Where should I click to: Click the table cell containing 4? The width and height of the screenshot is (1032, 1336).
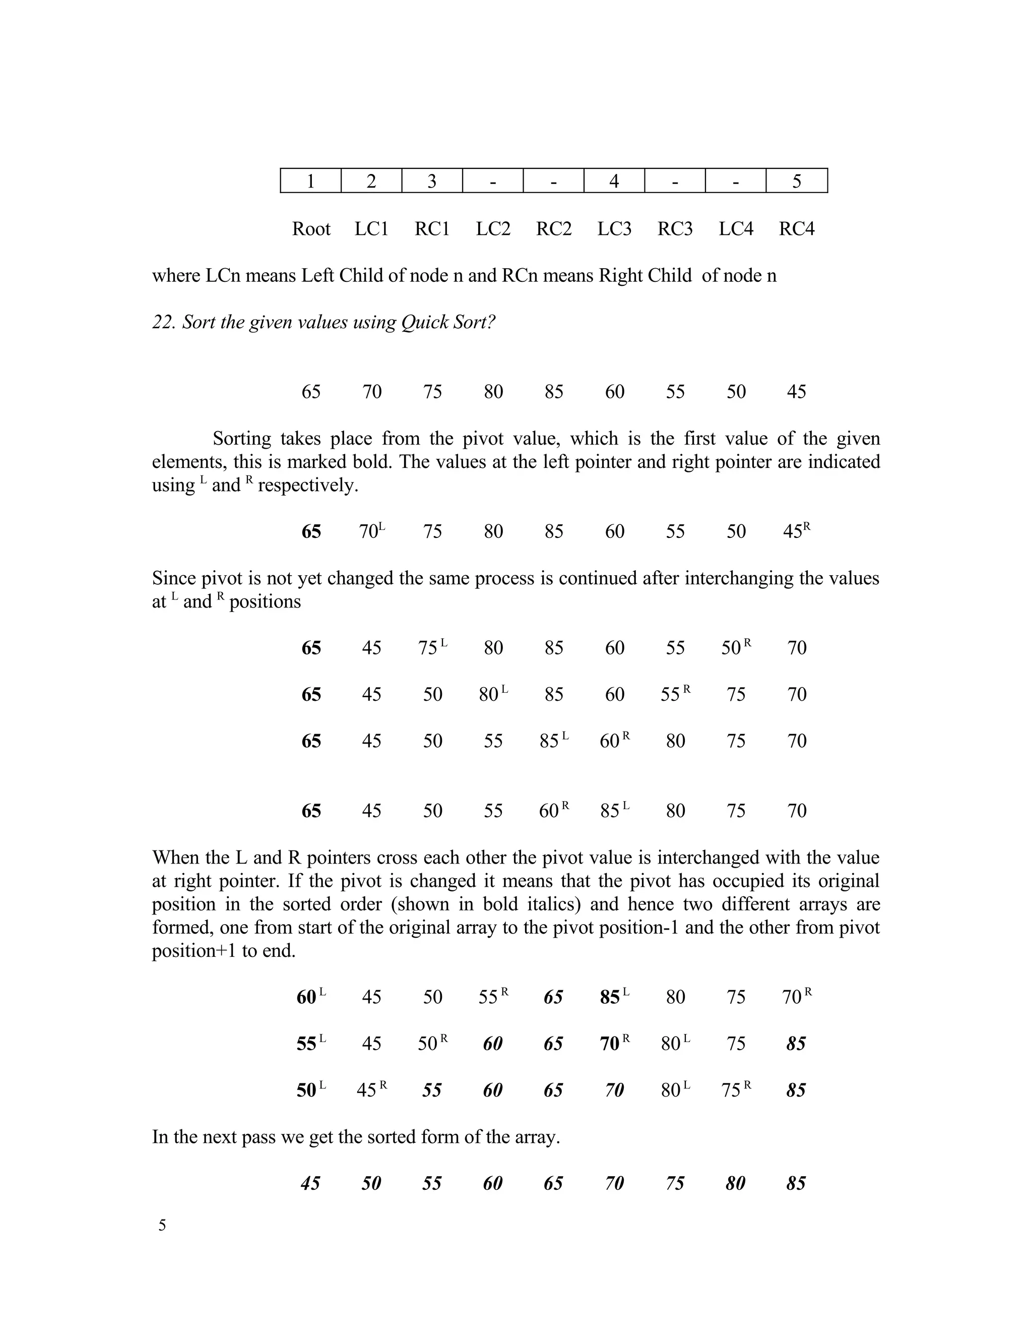614,181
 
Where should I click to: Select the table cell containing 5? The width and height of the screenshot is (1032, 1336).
796,181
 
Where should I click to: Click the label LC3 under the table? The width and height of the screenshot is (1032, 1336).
614,229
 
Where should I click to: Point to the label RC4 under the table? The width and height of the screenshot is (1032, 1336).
796,229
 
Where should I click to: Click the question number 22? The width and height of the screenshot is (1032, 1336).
163,322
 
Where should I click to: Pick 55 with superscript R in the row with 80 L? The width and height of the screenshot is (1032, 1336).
674,694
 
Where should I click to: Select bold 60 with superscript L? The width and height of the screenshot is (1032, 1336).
310,997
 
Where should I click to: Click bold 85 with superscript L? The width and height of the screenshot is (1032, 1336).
614,997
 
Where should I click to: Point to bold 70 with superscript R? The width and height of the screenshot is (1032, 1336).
614,1044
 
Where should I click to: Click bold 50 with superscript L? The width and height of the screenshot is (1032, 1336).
310,1090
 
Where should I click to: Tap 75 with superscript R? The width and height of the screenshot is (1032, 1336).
735,1090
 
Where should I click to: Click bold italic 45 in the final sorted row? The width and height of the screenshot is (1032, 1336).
310,1183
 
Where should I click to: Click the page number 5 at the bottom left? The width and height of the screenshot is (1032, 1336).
162,1225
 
